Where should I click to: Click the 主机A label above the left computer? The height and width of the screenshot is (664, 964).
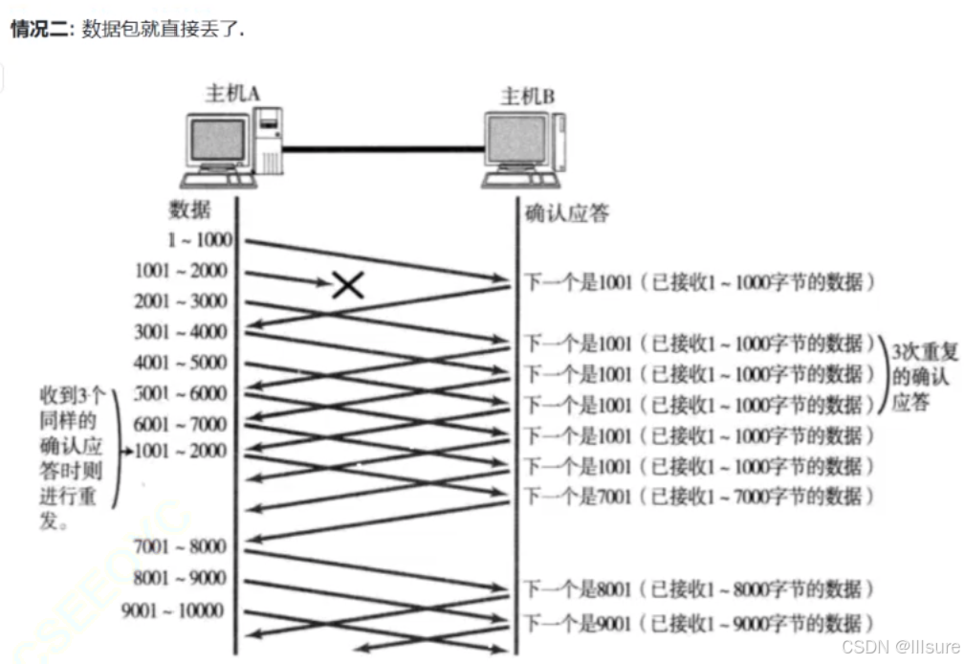[x=233, y=93]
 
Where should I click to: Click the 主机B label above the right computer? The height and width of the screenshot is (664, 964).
[x=528, y=96]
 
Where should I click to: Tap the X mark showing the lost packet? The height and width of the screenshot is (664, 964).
[x=347, y=283]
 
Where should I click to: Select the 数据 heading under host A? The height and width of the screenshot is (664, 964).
[x=189, y=209]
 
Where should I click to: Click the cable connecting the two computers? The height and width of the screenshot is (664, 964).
[x=383, y=148]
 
